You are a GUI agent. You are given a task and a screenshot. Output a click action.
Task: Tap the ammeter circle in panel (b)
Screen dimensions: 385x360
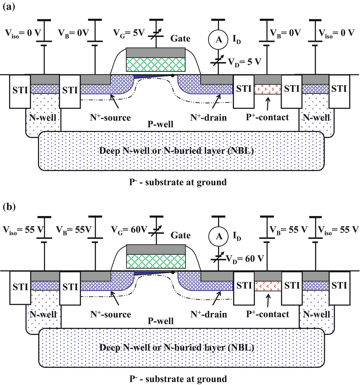218,236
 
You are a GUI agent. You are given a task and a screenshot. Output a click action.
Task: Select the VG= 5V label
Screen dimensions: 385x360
129,33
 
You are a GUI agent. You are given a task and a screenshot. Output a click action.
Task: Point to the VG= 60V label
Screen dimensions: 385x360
129,230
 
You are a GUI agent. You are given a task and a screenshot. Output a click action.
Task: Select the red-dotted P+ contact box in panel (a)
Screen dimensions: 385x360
268,89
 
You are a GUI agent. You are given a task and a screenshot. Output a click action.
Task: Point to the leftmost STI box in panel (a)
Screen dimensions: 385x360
20,91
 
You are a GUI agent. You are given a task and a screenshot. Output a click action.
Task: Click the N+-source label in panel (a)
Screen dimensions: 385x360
110,118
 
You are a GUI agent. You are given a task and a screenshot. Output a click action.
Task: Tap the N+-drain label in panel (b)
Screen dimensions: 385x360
209,314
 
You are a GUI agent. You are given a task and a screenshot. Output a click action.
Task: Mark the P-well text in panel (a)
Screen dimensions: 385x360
160,124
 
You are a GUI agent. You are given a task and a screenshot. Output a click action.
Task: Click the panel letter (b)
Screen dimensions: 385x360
9,207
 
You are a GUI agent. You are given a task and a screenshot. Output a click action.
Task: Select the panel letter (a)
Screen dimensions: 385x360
9,7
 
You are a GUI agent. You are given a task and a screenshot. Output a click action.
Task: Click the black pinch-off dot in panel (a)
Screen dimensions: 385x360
172,75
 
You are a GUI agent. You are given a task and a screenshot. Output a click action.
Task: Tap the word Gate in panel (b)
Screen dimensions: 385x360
181,235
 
